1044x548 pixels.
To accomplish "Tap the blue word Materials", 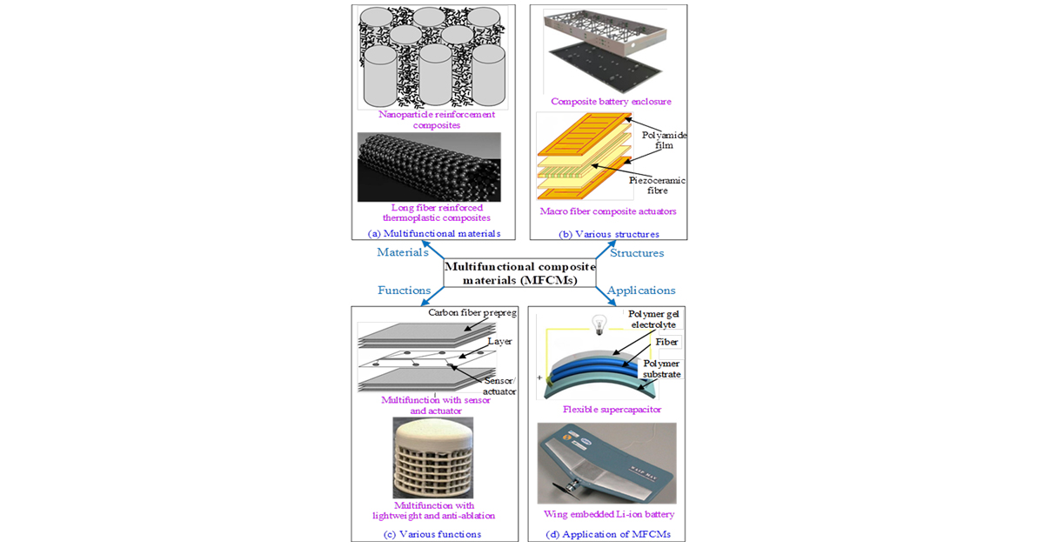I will (x=403, y=252).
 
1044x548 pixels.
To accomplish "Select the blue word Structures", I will (x=636, y=253).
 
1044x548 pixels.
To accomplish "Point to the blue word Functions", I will (x=404, y=290).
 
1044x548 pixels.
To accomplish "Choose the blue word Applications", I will (x=641, y=290).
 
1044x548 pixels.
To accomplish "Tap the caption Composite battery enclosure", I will (x=611, y=102).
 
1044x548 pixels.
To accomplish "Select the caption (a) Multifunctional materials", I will (x=428, y=233).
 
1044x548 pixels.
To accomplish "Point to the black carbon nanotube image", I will (x=428, y=167).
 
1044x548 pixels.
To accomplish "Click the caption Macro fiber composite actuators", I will (x=606, y=211).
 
